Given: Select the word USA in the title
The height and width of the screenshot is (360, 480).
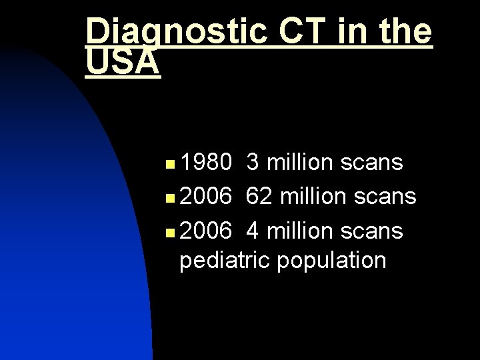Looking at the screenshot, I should tap(123, 63).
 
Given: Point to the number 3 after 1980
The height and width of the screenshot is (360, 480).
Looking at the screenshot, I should tap(253, 162).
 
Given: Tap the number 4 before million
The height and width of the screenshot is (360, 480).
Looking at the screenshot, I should tap(253, 231).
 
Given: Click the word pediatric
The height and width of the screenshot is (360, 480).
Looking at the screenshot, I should tap(223, 260).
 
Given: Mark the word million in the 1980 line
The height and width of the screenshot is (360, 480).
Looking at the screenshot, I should tap(300, 162).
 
